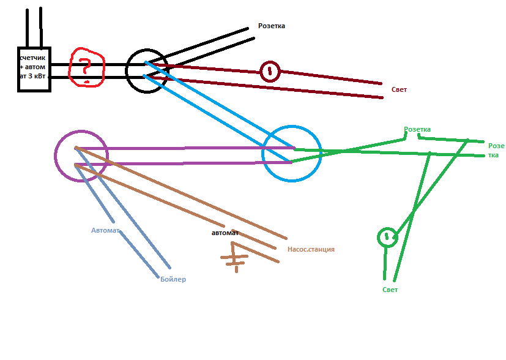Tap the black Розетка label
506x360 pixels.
tap(272, 26)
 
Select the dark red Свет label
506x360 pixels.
tap(399, 89)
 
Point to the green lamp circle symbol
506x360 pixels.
tap(378, 238)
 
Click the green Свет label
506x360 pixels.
tap(390, 290)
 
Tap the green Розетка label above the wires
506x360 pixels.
tap(417, 129)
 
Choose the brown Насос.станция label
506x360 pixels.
tap(311, 249)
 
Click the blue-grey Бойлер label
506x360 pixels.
tap(173, 279)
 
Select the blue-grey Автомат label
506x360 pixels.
tap(105, 230)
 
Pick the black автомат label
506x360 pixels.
tap(225, 233)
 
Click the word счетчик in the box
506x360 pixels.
tap(32, 58)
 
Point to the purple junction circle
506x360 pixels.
tap(55, 156)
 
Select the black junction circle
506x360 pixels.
tap(126, 71)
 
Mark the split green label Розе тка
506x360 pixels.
tap(496, 151)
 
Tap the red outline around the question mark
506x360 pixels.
tap(69, 69)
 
